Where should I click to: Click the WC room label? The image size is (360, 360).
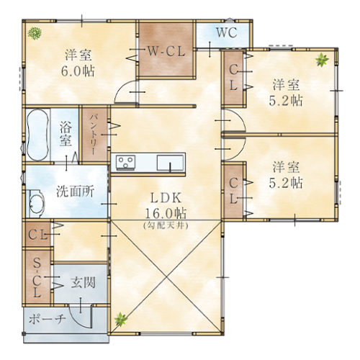pyautogui.click(x=227, y=32)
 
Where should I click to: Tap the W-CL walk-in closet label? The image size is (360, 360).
pyautogui.click(x=166, y=51)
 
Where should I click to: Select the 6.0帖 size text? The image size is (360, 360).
pyautogui.click(x=78, y=71)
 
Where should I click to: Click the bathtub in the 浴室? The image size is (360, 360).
pyautogui.click(x=37, y=135)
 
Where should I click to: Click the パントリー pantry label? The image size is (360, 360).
pyautogui.click(x=94, y=135)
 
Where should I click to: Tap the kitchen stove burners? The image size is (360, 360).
pyautogui.click(x=126, y=162)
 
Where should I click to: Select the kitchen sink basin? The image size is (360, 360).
pyautogui.click(x=170, y=163)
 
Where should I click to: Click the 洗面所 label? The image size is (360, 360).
pyautogui.click(x=76, y=192)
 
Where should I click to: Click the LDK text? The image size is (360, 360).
pyautogui.click(x=166, y=198)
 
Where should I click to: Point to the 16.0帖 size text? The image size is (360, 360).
pyautogui.click(x=166, y=213)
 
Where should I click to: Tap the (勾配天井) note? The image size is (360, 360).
pyautogui.click(x=166, y=225)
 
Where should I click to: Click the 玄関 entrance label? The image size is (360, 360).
pyautogui.click(x=83, y=282)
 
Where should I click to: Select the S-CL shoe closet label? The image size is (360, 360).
pyautogui.click(x=37, y=278)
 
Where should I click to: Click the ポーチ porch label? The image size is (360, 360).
pyautogui.click(x=48, y=319)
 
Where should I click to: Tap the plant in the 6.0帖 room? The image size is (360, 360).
pyautogui.click(x=35, y=33)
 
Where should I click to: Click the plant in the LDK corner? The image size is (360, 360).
pyautogui.click(x=120, y=320)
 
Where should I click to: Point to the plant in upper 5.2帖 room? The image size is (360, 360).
pyautogui.click(x=322, y=60)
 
